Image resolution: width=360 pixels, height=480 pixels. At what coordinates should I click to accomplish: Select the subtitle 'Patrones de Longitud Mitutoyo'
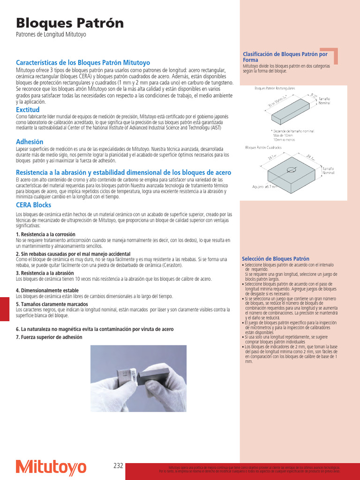coord(51,35)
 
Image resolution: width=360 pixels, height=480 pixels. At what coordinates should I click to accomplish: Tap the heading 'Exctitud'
coord(28,110)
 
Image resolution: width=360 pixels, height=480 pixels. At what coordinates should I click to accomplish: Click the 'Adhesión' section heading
coord(30,142)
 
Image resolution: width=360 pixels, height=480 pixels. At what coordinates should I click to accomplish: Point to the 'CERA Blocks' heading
coord(34,205)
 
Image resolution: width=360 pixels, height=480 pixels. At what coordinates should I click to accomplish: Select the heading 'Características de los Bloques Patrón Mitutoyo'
coord(83,62)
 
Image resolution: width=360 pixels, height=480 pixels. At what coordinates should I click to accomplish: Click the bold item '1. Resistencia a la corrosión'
coord(45,234)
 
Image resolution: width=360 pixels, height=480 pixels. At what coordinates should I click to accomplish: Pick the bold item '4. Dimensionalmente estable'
coord(47,291)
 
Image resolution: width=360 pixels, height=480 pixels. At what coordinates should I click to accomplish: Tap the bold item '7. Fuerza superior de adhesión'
coord(49,337)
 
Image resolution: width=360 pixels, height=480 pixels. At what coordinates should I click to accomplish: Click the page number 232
coord(118,466)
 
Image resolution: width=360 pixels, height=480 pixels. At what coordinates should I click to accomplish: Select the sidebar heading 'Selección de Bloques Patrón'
coord(276,259)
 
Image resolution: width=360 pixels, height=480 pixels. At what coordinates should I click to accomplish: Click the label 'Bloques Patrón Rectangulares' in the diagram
coord(275,88)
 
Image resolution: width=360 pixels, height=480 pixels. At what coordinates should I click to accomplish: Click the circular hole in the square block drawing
coord(292,170)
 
